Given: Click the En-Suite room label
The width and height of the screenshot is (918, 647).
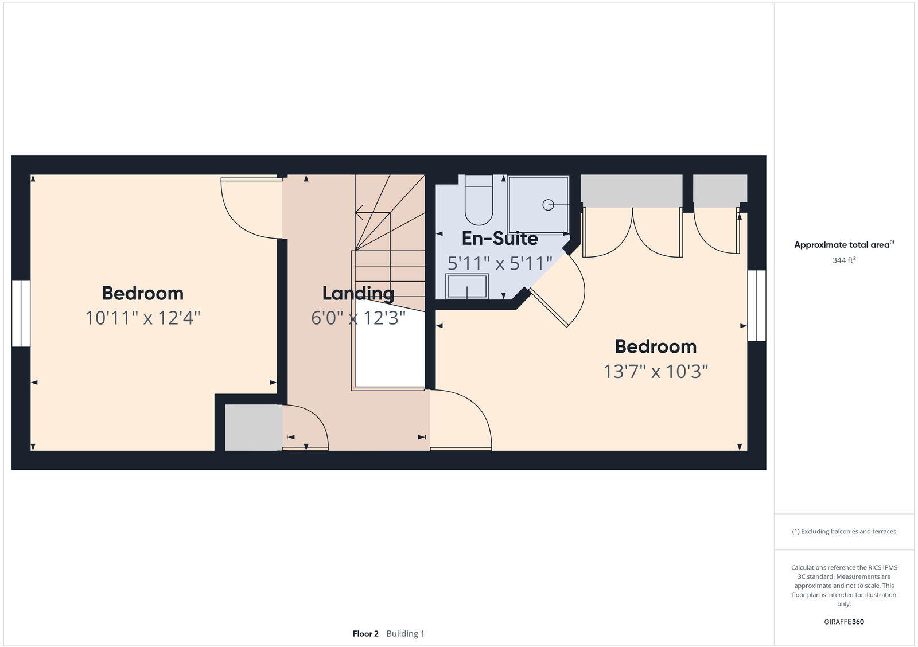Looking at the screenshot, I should [x=499, y=238].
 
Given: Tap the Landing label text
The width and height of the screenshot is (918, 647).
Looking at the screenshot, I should [x=358, y=293].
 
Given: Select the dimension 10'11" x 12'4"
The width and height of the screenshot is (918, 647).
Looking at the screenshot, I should [x=142, y=318].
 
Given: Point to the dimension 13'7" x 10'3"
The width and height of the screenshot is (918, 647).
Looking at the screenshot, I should [x=655, y=372].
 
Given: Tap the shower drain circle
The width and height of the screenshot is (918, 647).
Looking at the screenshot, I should [x=548, y=204].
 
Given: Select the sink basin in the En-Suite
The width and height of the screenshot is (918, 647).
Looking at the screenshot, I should [x=467, y=286].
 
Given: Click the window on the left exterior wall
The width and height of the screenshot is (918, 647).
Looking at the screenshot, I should [x=21, y=313].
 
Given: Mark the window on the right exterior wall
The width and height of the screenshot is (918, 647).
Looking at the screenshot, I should [x=757, y=305].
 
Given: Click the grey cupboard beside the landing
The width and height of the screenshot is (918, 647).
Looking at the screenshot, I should [x=253, y=427].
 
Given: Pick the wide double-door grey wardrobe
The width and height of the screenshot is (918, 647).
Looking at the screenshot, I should [x=631, y=190].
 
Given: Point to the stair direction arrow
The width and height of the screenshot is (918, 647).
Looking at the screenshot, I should [x=360, y=213].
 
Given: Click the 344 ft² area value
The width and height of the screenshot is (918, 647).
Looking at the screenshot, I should [x=843, y=260].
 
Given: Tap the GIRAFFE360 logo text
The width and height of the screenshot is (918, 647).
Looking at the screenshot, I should [x=843, y=622].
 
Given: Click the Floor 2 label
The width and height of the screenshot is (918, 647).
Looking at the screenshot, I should [x=365, y=634].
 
